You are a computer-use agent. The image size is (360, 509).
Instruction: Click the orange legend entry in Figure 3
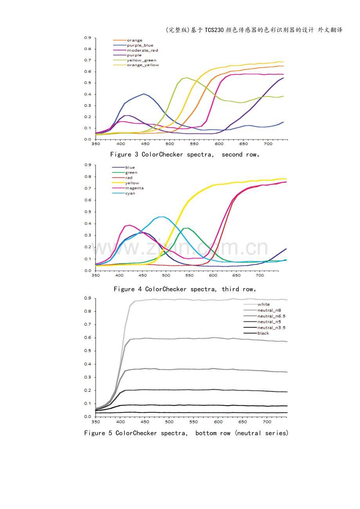(135, 40)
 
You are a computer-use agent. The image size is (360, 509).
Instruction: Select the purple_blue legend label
(140, 45)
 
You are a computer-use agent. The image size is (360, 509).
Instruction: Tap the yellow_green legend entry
(141, 60)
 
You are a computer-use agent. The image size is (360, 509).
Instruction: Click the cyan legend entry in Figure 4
(130, 193)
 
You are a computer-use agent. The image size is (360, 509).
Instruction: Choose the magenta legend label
(134, 188)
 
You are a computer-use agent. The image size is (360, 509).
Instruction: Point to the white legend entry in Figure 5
(263, 304)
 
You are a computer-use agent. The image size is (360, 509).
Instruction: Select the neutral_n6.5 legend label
(274, 316)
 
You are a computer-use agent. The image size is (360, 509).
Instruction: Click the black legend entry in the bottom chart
(263, 333)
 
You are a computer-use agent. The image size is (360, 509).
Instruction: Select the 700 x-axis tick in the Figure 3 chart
(268, 144)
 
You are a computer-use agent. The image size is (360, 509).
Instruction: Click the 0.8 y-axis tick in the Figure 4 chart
(88, 177)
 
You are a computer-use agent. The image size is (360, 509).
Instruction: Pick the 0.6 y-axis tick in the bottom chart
(88, 338)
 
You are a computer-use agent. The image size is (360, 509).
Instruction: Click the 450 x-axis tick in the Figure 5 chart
(145, 422)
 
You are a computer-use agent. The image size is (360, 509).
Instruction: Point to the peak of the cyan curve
(161, 217)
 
